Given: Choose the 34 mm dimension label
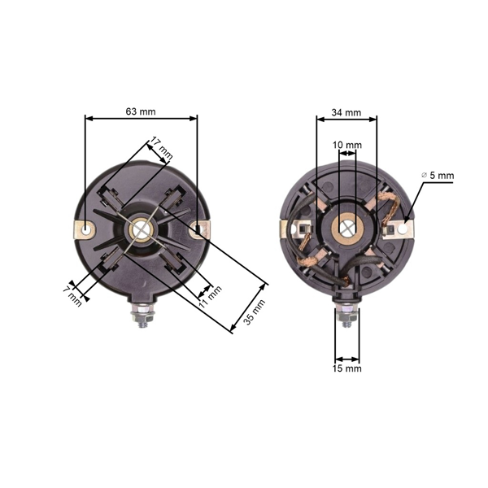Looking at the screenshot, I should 347,111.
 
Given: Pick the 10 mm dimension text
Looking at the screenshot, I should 347,145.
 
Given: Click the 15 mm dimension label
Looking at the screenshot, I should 347,368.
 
